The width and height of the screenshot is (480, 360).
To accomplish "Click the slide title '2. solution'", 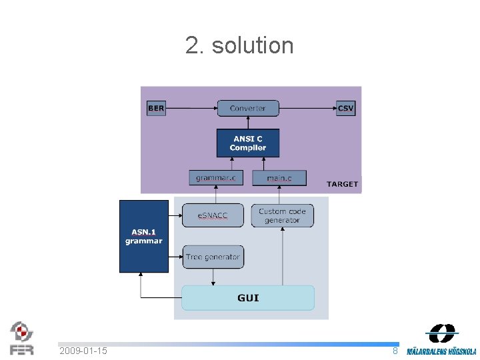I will [239, 45].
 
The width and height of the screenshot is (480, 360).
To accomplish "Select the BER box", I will [155, 108].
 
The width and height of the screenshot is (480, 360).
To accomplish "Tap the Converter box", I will [247, 108].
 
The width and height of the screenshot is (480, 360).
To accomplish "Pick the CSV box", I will [345, 108].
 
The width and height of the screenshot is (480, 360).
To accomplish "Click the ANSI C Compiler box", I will [247, 143].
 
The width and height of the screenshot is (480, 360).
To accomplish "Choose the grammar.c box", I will [215, 178].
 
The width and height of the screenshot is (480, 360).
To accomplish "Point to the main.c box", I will [279, 178].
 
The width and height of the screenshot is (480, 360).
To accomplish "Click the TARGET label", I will [342, 184].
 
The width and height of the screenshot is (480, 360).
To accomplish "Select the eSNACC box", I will [213, 215].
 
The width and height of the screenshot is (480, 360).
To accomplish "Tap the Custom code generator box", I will [282, 215].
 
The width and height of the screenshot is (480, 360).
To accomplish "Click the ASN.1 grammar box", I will [143, 236].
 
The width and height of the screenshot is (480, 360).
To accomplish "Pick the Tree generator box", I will [213, 257].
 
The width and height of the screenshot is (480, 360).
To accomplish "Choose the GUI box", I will [248, 298].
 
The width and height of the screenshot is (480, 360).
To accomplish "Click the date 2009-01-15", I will [83, 351].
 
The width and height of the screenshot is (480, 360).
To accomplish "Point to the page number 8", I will [395, 351].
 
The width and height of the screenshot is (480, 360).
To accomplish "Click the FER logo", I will [21, 338].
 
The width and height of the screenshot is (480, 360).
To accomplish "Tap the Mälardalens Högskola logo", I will [441, 339].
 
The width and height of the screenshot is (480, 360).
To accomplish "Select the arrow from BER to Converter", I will [191, 108].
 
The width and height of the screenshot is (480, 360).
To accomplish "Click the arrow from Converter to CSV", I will [307, 108].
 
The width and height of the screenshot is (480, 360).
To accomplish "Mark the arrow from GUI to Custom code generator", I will [283, 257].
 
